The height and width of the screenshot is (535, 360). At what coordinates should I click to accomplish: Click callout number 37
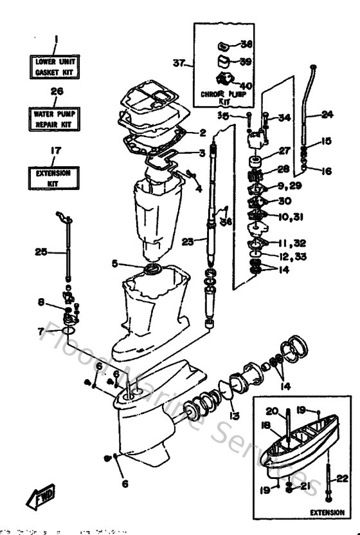(178, 63)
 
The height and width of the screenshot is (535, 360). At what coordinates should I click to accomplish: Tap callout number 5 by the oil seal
(131, 263)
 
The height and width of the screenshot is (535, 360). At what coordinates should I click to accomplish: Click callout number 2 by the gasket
(203, 133)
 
